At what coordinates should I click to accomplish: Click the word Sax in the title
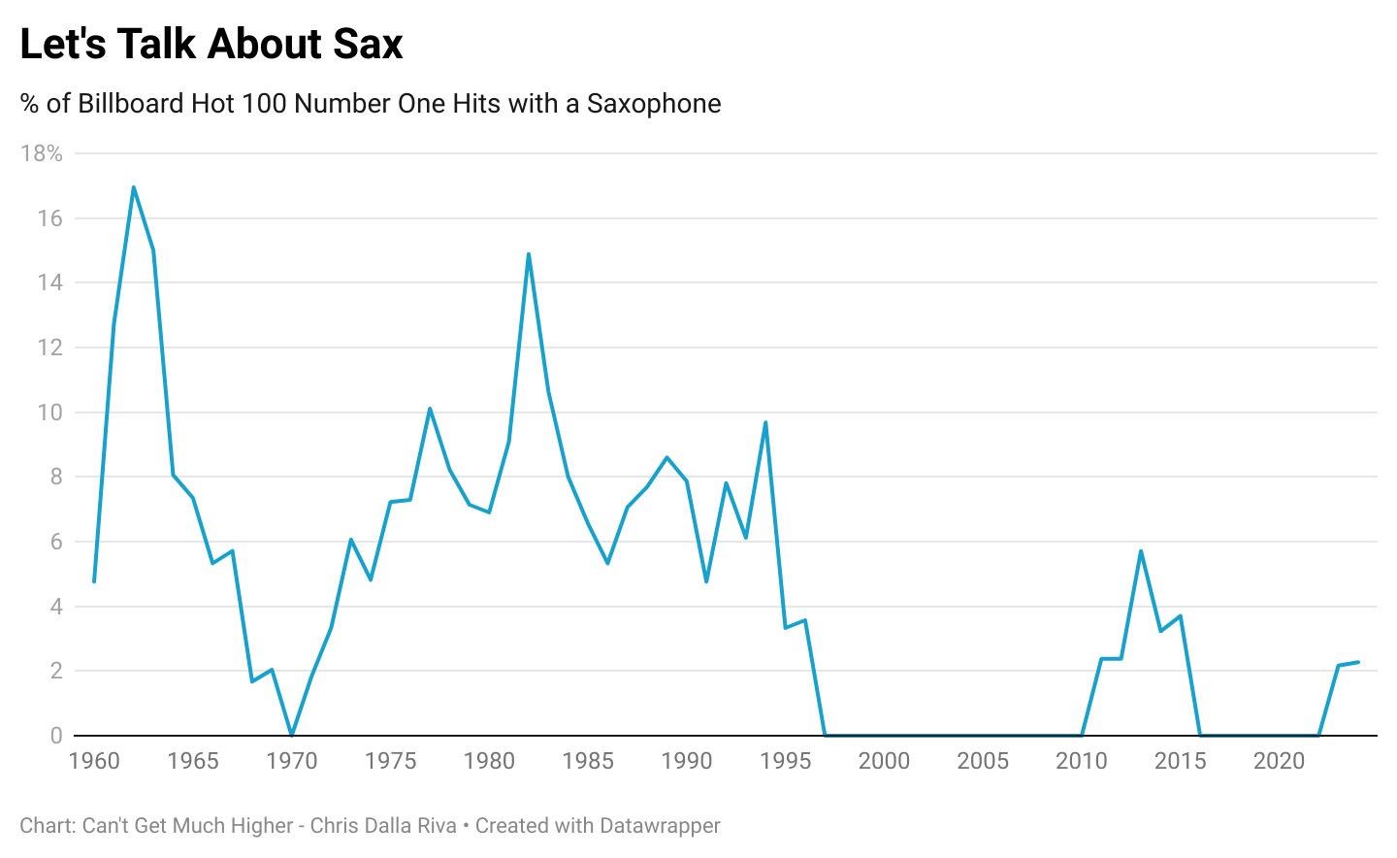click(x=368, y=45)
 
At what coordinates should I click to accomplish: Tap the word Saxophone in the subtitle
click(x=654, y=104)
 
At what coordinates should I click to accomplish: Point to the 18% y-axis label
click(x=42, y=153)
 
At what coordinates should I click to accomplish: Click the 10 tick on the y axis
click(x=49, y=412)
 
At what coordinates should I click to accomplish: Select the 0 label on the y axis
click(x=56, y=736)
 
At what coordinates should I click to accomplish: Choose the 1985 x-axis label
click(x=588, y=761)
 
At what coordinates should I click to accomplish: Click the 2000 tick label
click(x=884, y=761)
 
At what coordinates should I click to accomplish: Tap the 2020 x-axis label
click(x=1279, y=761)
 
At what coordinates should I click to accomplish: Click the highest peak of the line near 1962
click(x=133, y=186)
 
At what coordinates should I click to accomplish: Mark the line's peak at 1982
click(x=529, y=254)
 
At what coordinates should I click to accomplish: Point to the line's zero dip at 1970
click(x=291, y=735)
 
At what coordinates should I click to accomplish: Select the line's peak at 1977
click(x=430, y=409)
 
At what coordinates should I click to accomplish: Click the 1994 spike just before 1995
click(x=765, y=422)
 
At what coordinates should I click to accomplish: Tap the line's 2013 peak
click(x=1141, y=551)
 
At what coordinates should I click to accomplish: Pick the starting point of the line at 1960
click(x=94, y=581)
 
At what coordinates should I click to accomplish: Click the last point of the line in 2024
click(x=1357, y=662)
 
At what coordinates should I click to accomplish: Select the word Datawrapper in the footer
click(x=660, y=826)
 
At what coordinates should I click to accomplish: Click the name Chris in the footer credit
click(x=335, y=826)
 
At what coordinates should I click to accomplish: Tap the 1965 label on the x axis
click(x=193, y=761)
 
